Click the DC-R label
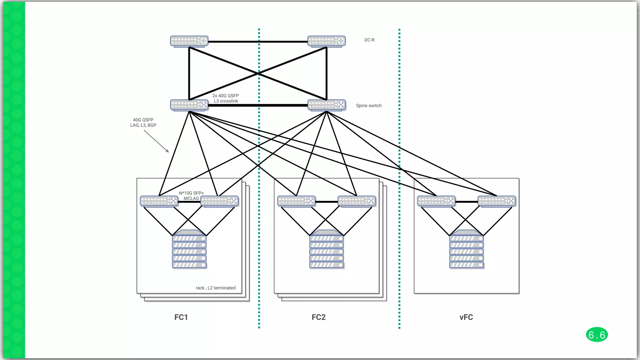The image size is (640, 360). coord(369,40)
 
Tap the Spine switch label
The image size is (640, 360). coord(369,106)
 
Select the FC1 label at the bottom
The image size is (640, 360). coord(181,317)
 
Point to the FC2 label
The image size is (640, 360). coord(318,317)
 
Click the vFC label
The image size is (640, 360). coord(466,317)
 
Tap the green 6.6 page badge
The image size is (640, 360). coord(597,335)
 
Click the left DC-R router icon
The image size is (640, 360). coord(189,41)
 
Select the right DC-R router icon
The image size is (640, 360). coord(327,41)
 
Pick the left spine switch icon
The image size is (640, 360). coord(189,105)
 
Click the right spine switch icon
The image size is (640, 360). coord(327,105)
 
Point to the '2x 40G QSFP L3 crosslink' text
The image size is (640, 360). coord(226,98)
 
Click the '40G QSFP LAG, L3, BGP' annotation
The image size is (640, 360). coord(143,122)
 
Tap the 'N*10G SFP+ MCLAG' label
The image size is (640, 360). coord(191,196)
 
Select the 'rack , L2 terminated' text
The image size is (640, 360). coord(216,288)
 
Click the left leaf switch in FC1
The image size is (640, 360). coord(159,201)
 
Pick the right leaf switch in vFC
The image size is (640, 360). coord(497,201)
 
